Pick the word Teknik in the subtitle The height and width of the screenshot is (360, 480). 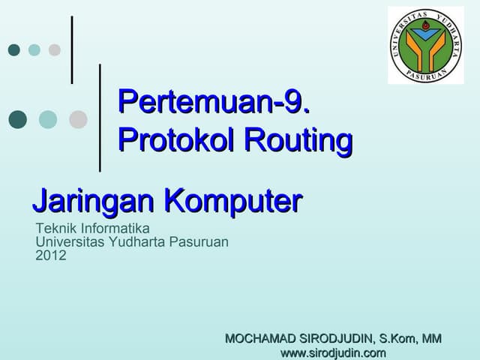(54, 228)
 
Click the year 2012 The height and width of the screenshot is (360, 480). (51, 255)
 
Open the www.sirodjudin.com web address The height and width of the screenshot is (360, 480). (332, 352)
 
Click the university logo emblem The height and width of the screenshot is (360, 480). (425, 45)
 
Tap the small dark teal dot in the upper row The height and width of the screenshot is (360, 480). (13, 50)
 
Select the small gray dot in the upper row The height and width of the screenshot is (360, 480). (54, 50)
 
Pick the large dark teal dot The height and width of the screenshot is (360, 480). (18, 119)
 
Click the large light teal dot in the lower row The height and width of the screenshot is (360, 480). (48, 119)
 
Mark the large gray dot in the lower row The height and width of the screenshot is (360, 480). (78, 119)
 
